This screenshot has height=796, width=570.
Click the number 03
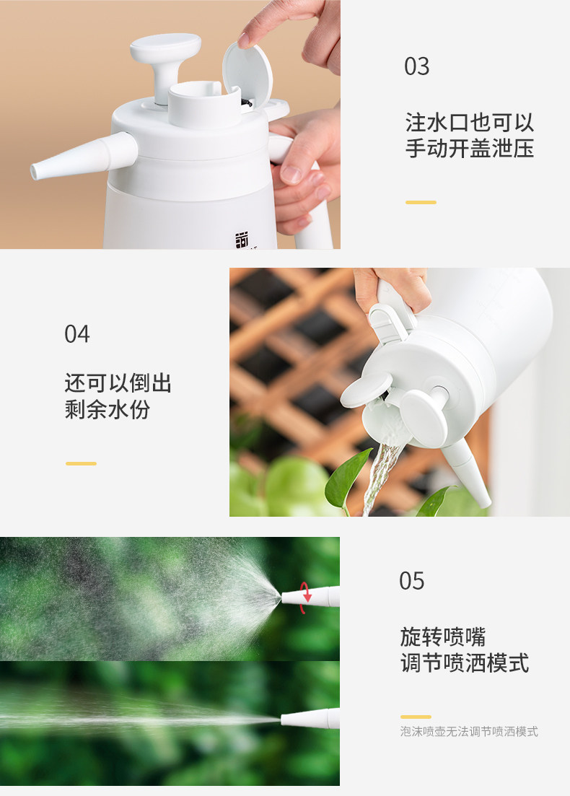tap(417, 66)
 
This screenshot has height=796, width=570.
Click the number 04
tap(77, 334)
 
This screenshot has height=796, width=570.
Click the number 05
tap(412, 581)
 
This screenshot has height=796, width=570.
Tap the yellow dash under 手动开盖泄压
tap(421, 202)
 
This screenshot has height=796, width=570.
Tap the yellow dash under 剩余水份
tap(82, 463)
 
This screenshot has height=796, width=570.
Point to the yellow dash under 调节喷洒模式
tap(416, 717)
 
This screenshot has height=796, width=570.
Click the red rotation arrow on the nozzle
tap(305, 598)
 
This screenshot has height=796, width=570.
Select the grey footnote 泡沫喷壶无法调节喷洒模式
tap(469, 732)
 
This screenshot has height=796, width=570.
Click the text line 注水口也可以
tap(470, 123)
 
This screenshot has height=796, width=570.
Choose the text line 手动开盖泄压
tap(470, 149)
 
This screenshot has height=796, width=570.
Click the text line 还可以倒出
tap(118, 383)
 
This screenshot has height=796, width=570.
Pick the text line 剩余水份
tap(107, 409)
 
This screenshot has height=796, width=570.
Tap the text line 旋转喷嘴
tap(443, 637)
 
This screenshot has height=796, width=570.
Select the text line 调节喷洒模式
tap(465, 663)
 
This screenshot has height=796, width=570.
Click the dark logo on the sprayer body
tap(242, 240)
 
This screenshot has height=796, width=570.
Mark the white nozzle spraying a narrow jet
tap(310, 718)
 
